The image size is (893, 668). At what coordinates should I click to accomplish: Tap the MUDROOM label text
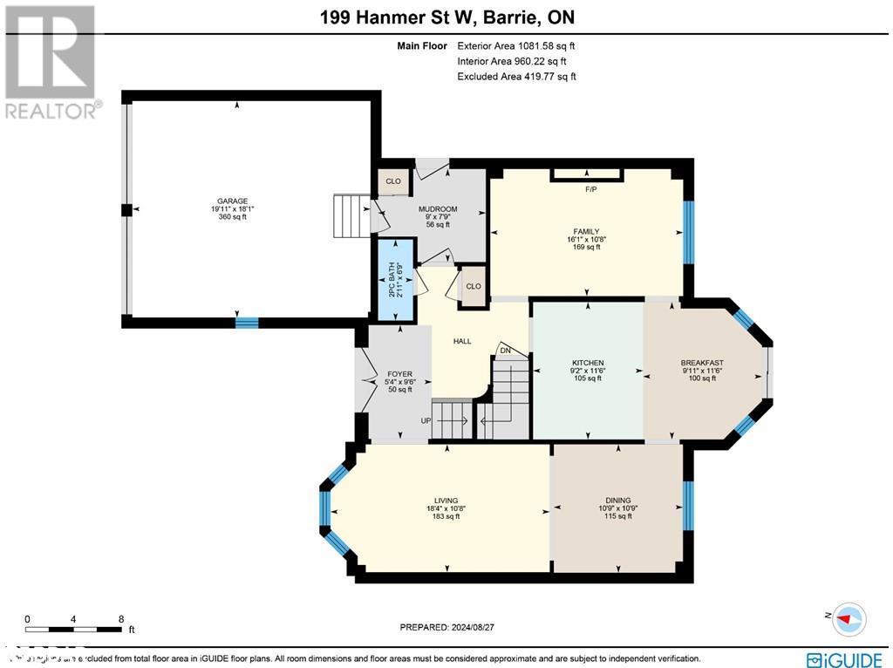[x=438, y=209]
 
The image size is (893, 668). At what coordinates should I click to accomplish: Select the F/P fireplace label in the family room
[x=590, y=188]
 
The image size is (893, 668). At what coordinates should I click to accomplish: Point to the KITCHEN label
[x=588, y=363]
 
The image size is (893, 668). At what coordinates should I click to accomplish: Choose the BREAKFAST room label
[x=702, y=363]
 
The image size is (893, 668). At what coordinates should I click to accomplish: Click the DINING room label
[x=617, y=501]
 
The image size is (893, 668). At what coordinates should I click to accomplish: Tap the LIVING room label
[x=443, y=501]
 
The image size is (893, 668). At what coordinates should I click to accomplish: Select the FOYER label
[x=399, y=374]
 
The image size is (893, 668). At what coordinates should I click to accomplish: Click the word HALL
[x=462, y=341]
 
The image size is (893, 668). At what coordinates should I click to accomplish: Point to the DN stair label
[x=505, y=351]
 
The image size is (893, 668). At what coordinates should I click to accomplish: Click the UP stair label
[x=426, y=420]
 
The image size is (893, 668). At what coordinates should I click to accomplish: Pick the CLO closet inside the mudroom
[x=393, y=181]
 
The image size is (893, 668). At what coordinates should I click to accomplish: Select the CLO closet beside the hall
[x=473, y=286]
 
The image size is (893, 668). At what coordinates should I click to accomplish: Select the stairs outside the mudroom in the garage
[x=352, y=215]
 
